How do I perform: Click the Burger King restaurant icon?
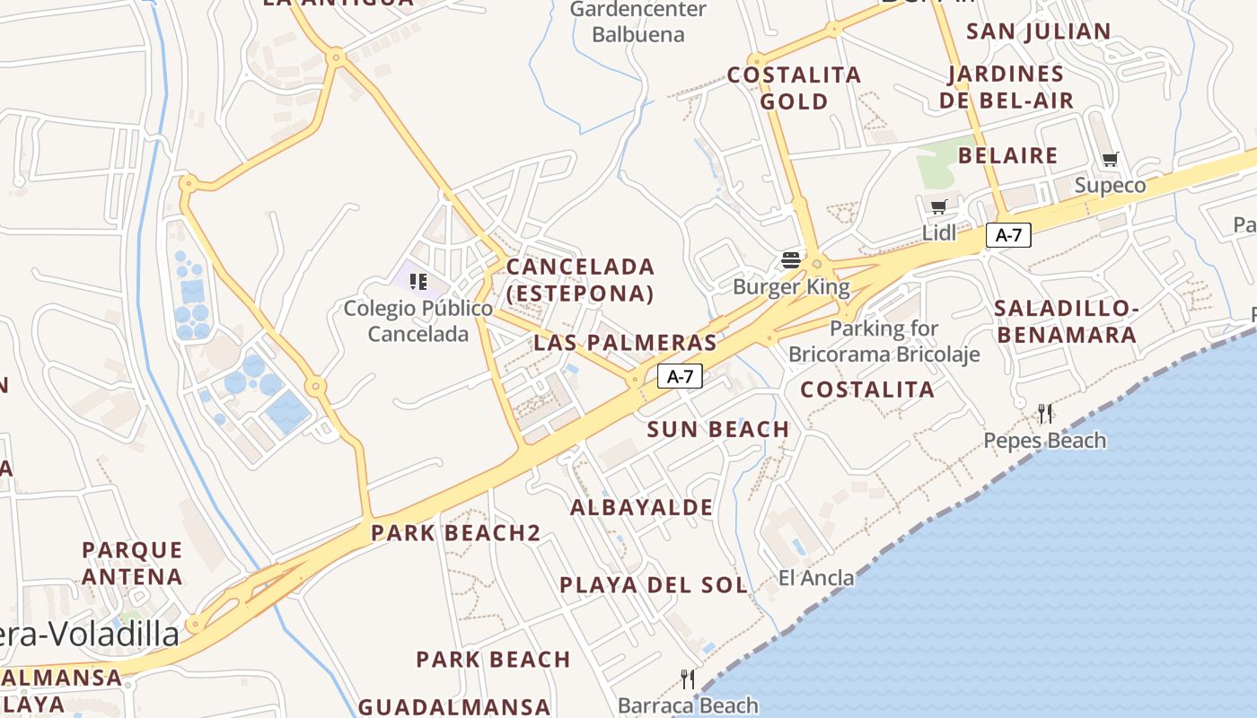791,260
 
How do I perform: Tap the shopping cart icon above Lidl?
939,207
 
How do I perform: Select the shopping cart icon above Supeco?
1111,160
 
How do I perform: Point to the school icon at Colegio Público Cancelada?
418,282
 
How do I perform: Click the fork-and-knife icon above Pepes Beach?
1045,414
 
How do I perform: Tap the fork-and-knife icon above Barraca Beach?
688,679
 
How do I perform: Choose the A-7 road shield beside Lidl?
1008,235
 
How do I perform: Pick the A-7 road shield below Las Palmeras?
680,376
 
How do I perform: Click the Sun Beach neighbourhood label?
718,429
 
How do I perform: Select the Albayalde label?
642,507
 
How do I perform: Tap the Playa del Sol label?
653,585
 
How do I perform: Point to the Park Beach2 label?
456,533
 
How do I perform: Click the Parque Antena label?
133,563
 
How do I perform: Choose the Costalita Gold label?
795,88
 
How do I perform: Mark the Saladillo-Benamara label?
1066,321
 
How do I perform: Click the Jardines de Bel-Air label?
1006,87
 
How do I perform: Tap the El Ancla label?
816,578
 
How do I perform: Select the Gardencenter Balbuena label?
638,22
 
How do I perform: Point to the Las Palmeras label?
626,342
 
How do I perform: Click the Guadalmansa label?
454,706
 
